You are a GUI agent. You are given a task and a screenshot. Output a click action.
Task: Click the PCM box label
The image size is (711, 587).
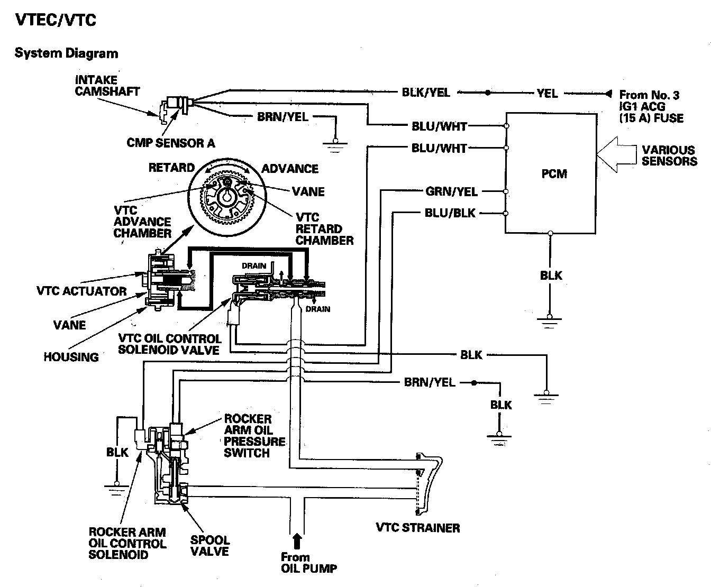click(x=554, y=173)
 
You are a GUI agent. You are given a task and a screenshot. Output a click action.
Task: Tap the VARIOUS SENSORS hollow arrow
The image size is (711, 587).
click(x=616, y=154)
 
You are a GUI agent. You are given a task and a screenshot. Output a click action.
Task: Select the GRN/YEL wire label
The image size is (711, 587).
click(x=451, y=191)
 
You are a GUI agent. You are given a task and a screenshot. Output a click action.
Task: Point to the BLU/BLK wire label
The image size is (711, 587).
click(x=450, y=213)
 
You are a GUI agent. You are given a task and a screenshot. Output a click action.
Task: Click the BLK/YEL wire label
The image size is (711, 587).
click(x=426, y=92)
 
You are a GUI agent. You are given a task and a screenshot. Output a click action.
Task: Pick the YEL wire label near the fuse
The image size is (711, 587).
click(x=547, y=93)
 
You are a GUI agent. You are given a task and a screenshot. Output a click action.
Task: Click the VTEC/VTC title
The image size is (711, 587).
click(x=56, y=20)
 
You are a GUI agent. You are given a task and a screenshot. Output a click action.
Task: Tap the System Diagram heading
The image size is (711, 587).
click(x=67, y=53)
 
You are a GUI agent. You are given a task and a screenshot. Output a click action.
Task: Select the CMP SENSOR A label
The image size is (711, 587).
click(x=170, y=143)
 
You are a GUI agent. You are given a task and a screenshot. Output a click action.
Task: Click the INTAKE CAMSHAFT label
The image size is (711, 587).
click(x=107, y=86)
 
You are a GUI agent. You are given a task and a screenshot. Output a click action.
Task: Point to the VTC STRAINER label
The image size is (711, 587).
click(x=418, y=528)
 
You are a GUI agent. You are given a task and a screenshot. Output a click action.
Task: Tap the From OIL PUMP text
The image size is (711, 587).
click(x=308, y=563)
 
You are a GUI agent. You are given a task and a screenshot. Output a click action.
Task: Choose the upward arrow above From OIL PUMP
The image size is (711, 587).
click(x=297, y=541)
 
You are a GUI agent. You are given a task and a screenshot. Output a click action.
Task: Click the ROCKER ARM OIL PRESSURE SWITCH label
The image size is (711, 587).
click(x=254, y=436)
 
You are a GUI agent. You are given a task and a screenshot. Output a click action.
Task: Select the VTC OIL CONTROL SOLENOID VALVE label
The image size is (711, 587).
click(x=170, y=344)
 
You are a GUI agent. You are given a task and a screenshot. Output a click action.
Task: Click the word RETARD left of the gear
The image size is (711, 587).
click(x=171, y=168)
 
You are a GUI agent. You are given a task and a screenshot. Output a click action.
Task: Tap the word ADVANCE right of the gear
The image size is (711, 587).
click(x=290, y=169)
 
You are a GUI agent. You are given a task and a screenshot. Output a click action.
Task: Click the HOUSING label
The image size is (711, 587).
click(x=71, y=357)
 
